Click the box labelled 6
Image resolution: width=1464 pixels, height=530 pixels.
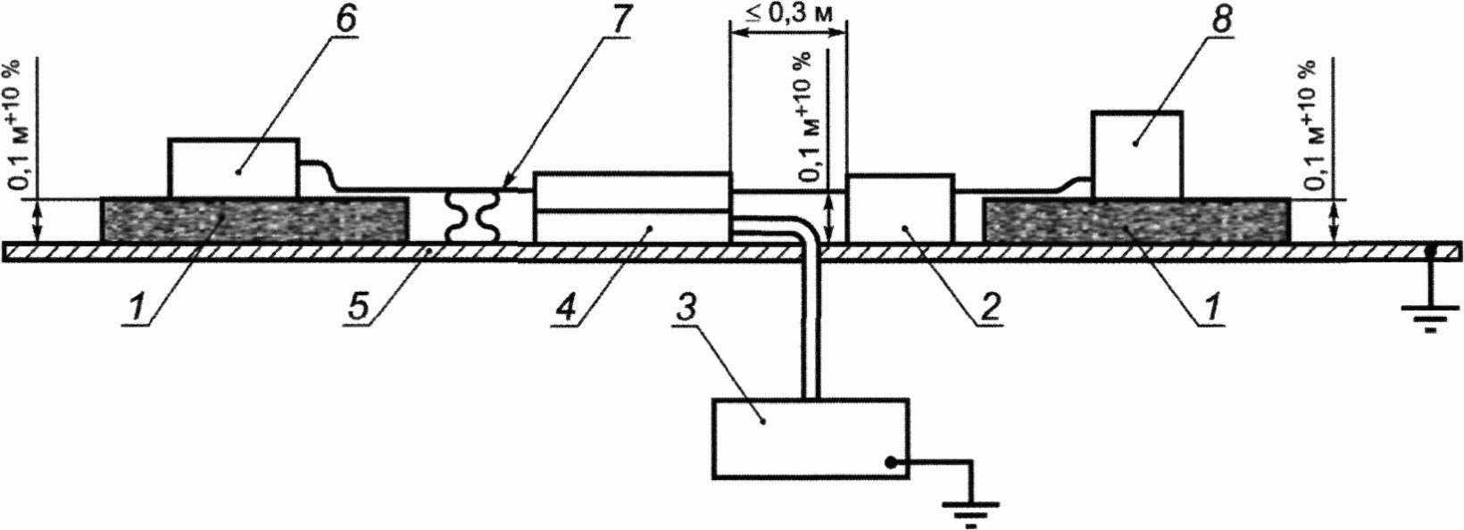[234, 168]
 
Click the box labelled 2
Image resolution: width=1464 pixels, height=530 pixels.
[899, 208]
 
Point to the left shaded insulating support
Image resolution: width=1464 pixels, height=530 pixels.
[255, 219]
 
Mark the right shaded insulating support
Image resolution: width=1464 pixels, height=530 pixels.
[1135, 219]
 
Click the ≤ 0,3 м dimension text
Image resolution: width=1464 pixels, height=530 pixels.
[786, 13]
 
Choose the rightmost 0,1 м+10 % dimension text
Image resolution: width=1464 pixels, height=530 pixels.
[1313, 125]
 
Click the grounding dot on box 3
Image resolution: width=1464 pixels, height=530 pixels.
[890, 461]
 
